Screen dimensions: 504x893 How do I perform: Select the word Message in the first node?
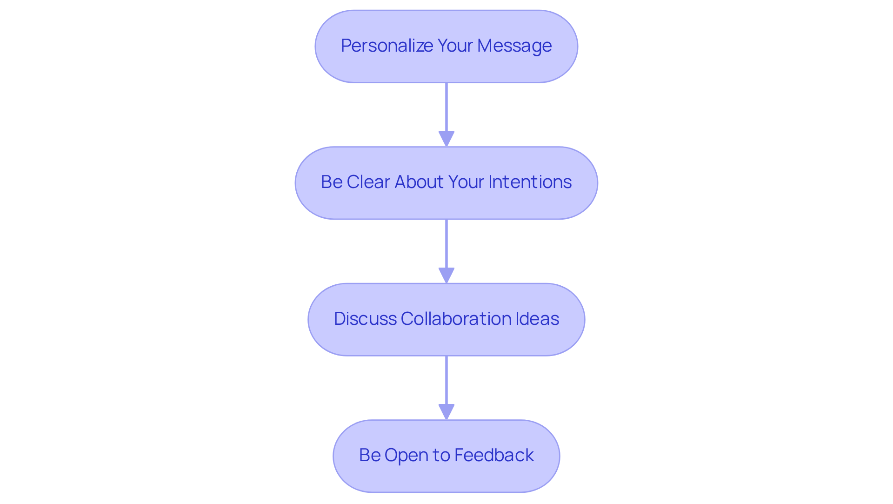click(x=514, y=46)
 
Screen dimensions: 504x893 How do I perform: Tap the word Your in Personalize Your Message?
click(x=455, y=46)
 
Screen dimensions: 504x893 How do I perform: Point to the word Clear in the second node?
click(x=368, y=182)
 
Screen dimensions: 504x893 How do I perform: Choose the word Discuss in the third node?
click(x=365, y=319)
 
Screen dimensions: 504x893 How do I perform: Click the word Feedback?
click(x=494, y=455)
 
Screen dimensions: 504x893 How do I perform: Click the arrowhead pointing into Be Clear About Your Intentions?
click(x=446, y=139)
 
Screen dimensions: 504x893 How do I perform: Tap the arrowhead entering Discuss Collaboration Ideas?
click(x=446, y=275)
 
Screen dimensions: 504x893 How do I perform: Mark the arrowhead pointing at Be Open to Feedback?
click(x=446, y=412)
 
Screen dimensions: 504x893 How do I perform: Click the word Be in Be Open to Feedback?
click(x=370, y=455)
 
